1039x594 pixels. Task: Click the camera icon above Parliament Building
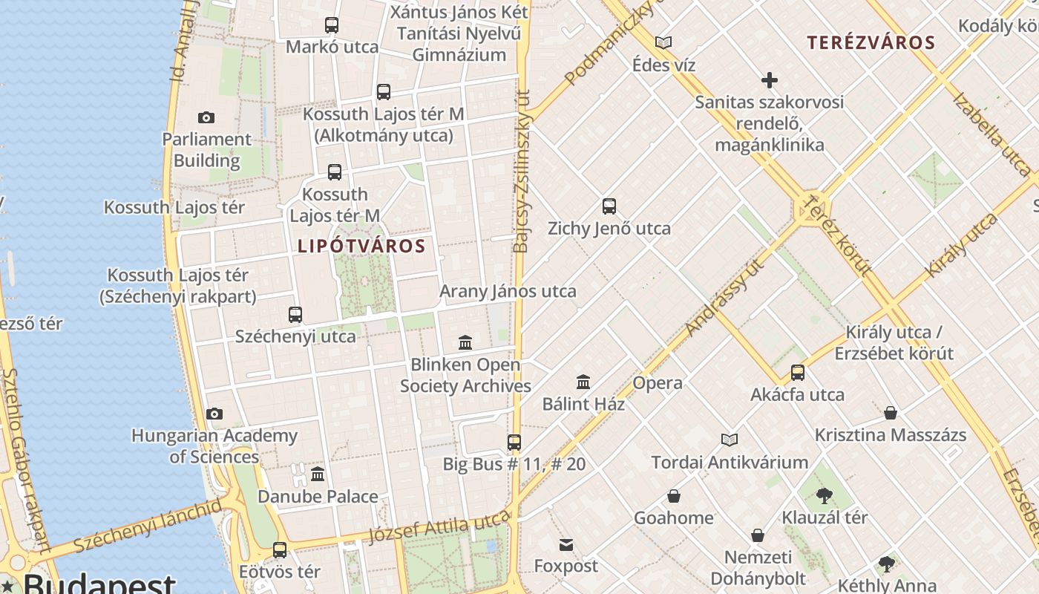(x=206, y=117)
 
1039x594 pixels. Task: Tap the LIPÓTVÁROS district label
(x=361, y=246)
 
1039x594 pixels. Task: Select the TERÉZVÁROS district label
(x=871, y=42)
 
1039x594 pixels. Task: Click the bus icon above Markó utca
(x=332, y=25)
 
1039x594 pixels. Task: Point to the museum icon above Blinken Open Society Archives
(x=465, y=342)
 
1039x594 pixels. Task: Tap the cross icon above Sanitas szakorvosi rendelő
(x=770, y=80)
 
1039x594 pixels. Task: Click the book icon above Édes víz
(x=663, y=43)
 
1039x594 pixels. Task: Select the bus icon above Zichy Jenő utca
(x=609, y=206)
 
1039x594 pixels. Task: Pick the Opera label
(x=657, y=383)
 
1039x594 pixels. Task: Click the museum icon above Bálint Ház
(x=583, y=382)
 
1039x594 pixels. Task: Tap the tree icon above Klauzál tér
(x=824, y=495)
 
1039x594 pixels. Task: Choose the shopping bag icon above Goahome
(x=674, y=496)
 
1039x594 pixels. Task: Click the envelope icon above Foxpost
(x=566, y=545)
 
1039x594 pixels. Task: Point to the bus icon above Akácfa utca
(x=798, y=373)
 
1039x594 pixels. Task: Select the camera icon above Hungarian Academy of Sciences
(x=214, y=414)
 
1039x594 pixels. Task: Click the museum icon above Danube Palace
(x=318, y=474)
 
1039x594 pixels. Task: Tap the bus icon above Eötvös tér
(x=280, y=550)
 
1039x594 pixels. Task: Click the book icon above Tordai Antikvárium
(x=730, y=440)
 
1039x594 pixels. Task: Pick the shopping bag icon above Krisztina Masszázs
(x=891, y=413)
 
